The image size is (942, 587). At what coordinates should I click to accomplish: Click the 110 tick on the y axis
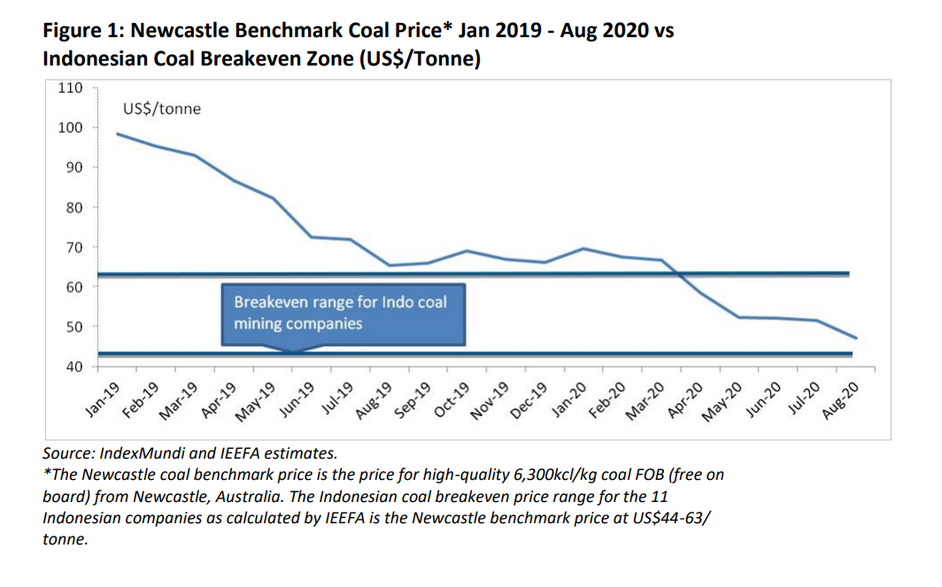tap(72, 88)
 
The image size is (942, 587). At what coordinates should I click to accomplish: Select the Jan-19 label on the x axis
tap(102, 399)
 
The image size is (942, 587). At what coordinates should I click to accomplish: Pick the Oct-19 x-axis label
tap(452, 399)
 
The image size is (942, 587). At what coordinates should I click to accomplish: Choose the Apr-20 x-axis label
tap(686, 399)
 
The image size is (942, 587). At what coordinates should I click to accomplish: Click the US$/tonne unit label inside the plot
tap(161, 109)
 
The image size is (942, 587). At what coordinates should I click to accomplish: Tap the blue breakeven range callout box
tap(343, 314)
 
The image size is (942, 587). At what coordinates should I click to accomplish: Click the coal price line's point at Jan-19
tap(118, 134)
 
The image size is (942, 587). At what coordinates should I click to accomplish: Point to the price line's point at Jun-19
tap(311, 236)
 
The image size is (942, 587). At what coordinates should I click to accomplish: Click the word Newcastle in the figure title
tap(181, 31)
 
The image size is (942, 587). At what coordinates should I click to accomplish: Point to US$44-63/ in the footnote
tap(668, 517)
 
